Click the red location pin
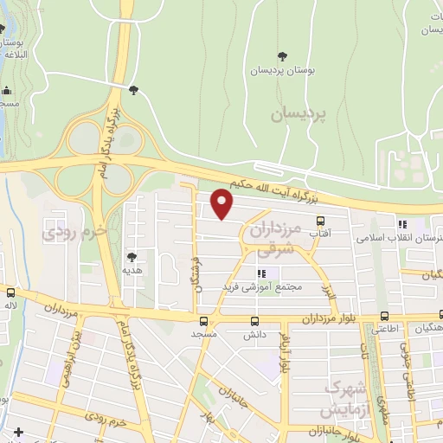click(x=222, y=203)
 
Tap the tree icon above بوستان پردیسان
click(x=281, y=57)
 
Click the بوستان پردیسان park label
click(x=281, y=70)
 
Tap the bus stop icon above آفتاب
click(x=320, y=221)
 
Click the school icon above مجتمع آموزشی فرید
click(x=260, y=273)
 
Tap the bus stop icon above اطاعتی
click(x=386, y=317)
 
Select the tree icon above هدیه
click(x=132, y=257)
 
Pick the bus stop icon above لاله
click(x=10, y=292)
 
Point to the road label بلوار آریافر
click(x=284, y=355)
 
